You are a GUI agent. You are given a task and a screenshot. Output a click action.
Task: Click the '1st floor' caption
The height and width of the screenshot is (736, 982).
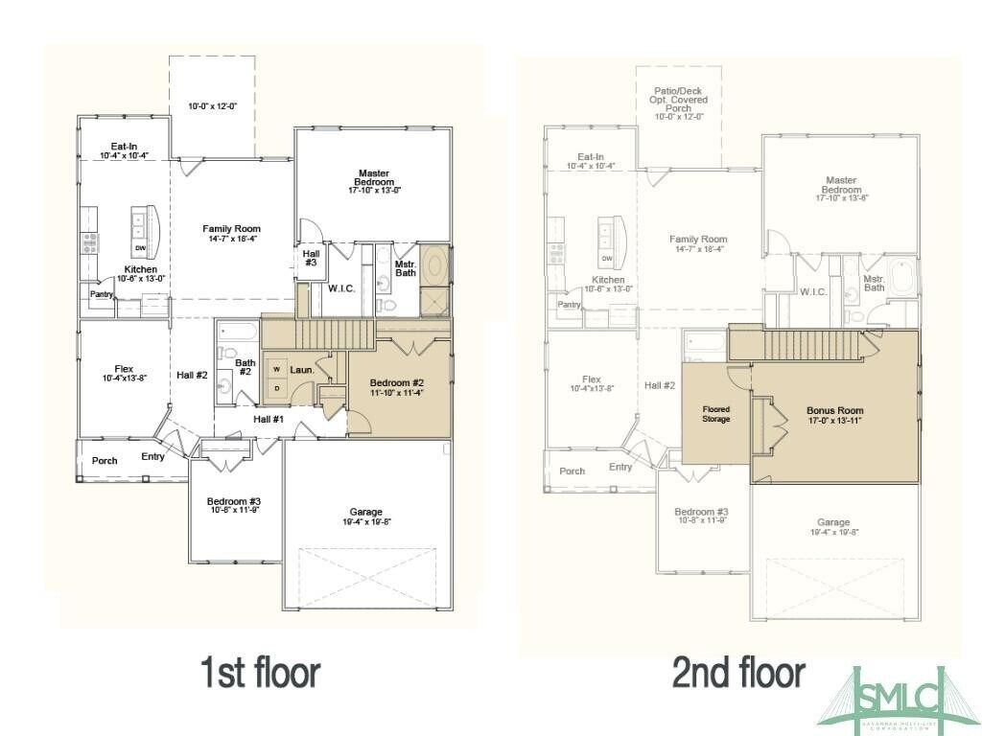[259, 672]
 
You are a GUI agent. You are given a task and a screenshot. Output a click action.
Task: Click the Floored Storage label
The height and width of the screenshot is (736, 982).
[715, 414]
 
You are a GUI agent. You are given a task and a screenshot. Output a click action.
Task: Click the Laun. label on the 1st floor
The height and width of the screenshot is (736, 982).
[302, 369]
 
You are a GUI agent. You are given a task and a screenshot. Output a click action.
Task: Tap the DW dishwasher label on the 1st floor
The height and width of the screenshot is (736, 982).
[140, 249]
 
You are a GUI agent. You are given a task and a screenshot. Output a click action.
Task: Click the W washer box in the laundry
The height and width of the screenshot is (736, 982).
[276, 368]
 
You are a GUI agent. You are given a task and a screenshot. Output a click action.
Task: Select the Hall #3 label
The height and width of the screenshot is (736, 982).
[312, 258]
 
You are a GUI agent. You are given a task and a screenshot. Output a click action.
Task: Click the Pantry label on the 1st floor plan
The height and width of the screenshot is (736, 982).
[101, 294]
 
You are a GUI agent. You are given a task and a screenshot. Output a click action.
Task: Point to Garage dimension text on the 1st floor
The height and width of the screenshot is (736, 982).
[367, 522]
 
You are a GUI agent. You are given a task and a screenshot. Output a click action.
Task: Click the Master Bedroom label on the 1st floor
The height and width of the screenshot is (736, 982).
[374, 177]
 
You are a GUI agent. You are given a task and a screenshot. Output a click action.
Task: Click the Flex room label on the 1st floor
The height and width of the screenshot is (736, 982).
[124, 369]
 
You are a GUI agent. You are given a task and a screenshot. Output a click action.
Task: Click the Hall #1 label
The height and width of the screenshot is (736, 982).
[269, 419]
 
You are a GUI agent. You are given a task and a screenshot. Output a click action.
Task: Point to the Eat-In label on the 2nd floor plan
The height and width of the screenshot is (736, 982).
[590, 156]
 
